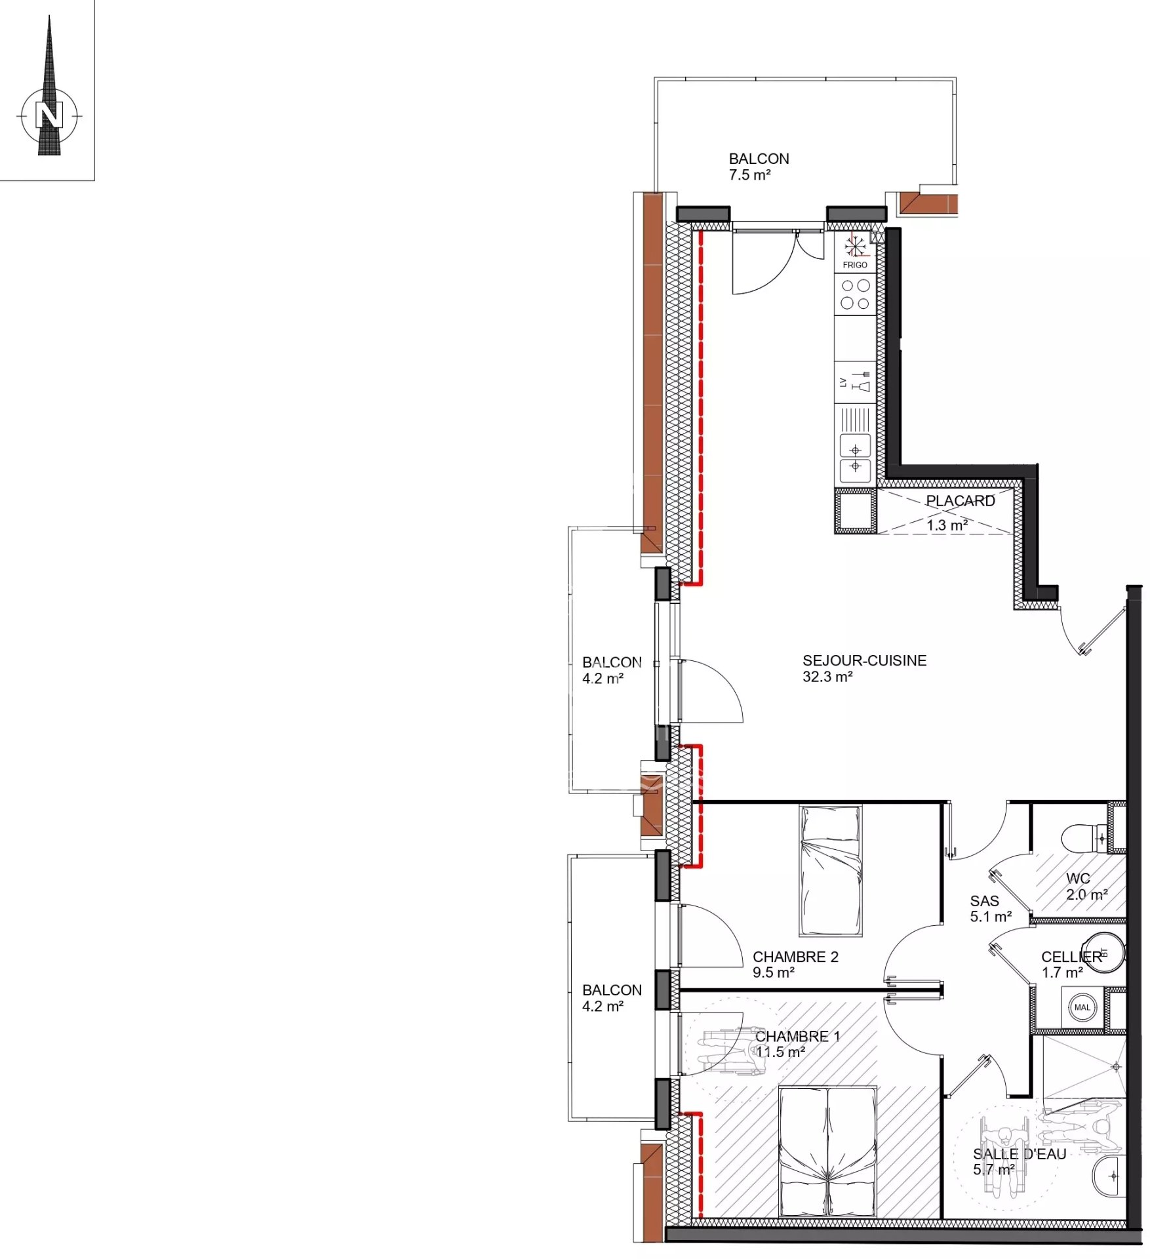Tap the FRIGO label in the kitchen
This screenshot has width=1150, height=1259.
(x=855, y=265)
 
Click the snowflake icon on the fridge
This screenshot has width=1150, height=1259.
(x=855, y=247)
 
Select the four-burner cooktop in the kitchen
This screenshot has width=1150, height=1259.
(x=856, y=294)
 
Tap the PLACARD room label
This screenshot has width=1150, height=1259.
(x=960, y=501)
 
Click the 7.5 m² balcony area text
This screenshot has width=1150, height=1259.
(x=749, y=175)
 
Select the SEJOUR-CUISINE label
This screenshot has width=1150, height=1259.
(x=864, y=660)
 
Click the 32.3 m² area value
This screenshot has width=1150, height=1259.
(x=827, y=677)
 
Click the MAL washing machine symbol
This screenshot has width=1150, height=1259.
(x=1082, y=1007)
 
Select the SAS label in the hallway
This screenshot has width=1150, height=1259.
(x=984, y=902)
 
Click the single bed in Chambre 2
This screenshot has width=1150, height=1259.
(x=830, y=871)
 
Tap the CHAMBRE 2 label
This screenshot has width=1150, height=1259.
(x=795, y=957)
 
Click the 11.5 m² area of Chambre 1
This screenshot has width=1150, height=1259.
(x=780, y=1052)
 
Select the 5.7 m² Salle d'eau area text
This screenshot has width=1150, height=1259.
(x=994, y=1170)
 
